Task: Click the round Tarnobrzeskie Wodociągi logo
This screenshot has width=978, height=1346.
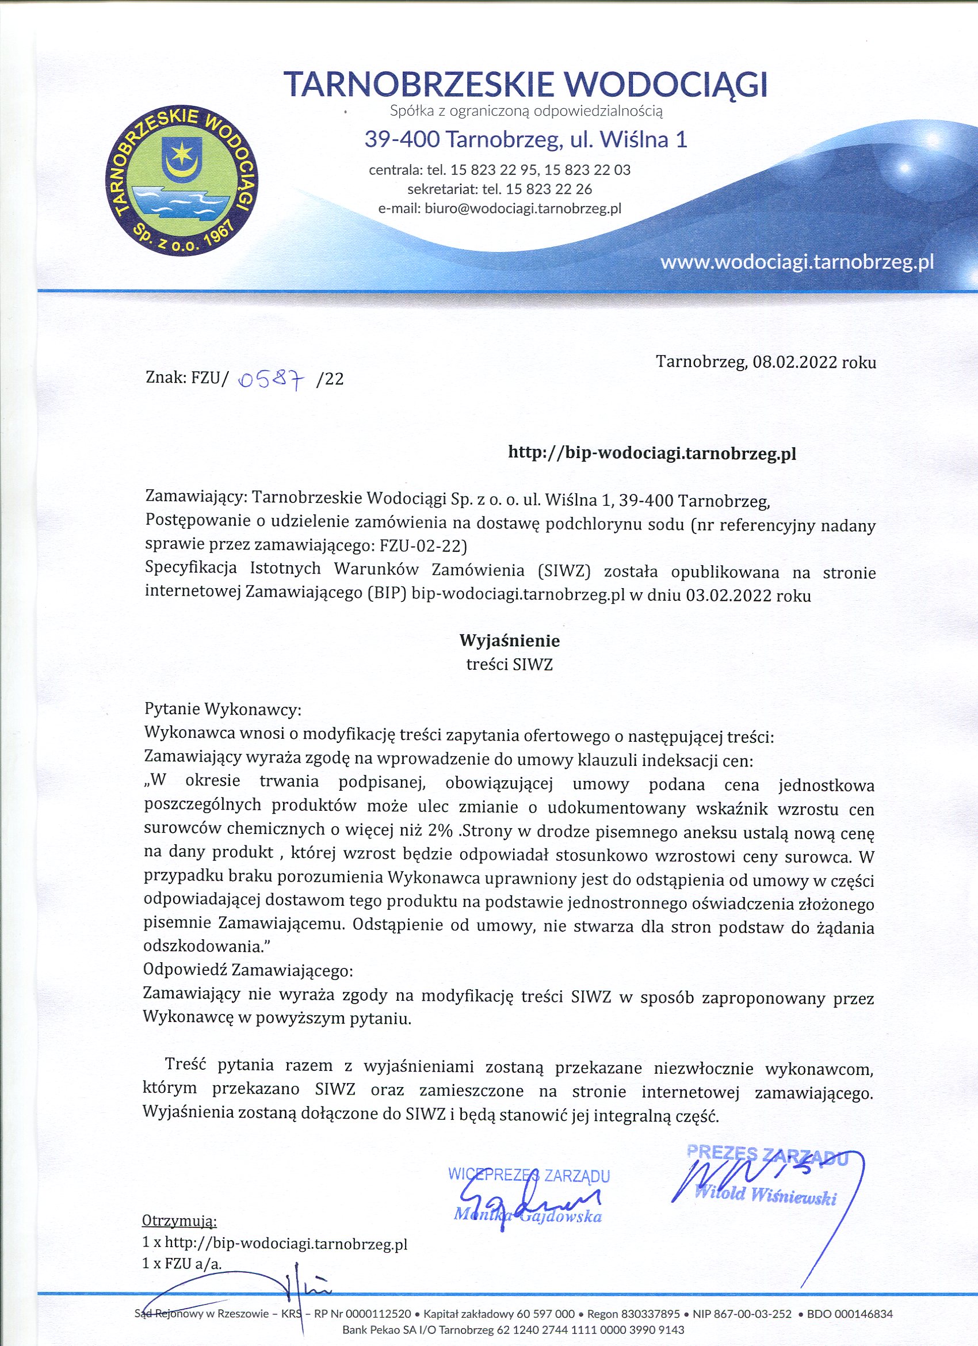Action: point(180,182)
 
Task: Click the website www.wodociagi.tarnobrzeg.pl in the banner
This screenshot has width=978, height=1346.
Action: point(797,262)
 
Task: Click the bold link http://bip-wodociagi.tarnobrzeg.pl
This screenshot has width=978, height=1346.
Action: point(652,453)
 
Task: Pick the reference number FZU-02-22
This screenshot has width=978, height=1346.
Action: point(427,544)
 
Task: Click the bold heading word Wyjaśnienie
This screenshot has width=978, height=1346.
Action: point(510,640)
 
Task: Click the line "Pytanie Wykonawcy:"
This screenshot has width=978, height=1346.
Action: point(223,709)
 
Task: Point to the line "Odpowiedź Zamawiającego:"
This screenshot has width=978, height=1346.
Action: point(248,970)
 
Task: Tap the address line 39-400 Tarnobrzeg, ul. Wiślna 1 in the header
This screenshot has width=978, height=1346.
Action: point(525,140)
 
